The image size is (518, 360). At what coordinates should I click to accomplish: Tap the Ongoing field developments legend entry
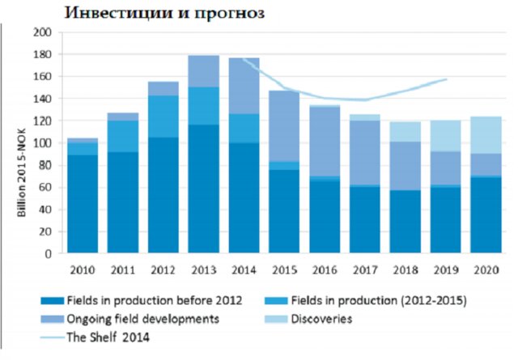[x=144, y=319]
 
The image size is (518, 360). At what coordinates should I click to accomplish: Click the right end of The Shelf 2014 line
[x=448, y=79]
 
